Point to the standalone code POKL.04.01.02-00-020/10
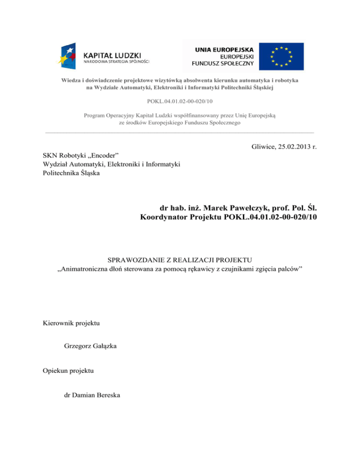(x=180, y=101)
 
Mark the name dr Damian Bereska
(x=92, y=395)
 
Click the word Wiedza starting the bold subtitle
(x=71, y=81)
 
